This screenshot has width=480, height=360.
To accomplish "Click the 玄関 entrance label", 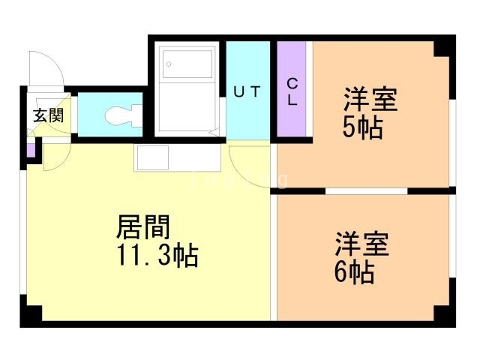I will point(47,115).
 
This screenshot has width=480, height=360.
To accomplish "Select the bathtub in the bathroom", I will point(187,88).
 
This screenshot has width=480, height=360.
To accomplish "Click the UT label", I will point(247,92).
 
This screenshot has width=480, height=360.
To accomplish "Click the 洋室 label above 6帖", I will point(361,244).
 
